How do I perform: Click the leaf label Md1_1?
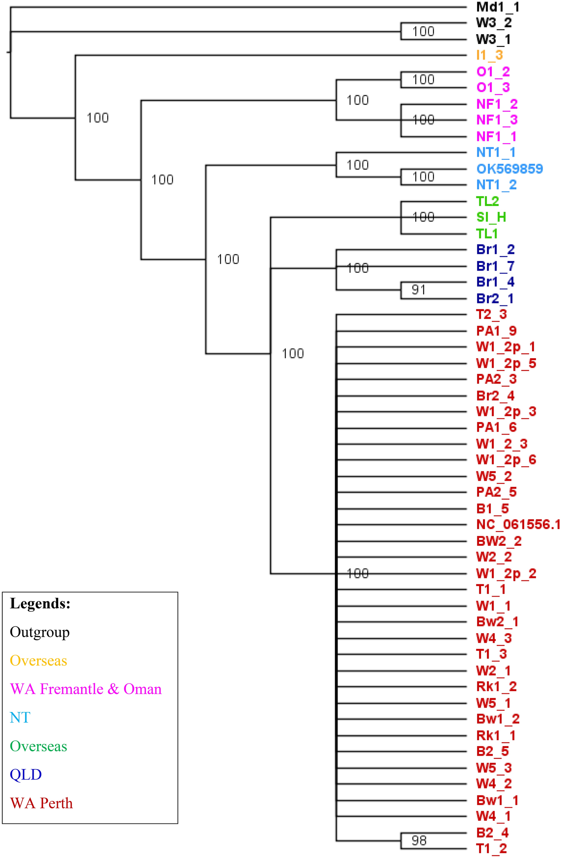click(497, 7)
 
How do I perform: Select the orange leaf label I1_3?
click(490, 56)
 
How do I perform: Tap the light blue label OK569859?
click(509, 169)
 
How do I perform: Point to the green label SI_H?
click(491, 217)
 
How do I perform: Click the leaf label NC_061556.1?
click(518, 525)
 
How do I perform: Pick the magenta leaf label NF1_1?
click(496, 137)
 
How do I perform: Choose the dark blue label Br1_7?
click(495, 266)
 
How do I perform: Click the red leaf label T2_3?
click(491, 315)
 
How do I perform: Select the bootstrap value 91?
click(418, 290)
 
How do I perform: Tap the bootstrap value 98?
click(419, 841)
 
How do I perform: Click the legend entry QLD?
click(26, 774)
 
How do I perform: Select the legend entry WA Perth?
click(42, 803)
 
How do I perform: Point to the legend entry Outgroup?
click(40, 632)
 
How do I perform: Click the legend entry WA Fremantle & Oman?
click(86, 689)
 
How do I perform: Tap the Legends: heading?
click(40, 603)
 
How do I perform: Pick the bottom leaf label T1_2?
click(491, 849)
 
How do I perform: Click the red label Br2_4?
click(495, 396)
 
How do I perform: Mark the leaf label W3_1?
click(493, 40)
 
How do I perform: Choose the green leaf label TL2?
click(488, 202)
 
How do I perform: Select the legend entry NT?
click(20, 718)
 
